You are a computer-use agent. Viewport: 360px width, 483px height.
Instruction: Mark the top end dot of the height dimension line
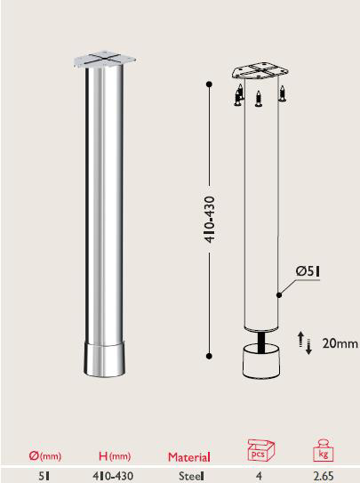(x=209, y=85)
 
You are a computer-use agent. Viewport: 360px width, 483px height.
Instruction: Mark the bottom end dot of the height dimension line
(x=209, y=356)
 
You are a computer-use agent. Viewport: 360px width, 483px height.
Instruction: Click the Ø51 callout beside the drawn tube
(x=308, y=270)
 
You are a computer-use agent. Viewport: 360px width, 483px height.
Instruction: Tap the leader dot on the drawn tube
(x=278, y=293)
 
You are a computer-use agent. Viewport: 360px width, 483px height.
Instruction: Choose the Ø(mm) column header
(x=44, y=456)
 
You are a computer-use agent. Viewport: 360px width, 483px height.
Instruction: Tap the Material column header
(x=189, y=457)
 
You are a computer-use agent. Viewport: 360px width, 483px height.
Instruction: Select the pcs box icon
(x=259, y=451)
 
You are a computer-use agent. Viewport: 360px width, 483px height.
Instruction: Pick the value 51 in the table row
(x=43, y=476)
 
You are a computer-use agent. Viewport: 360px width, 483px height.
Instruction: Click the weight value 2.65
(x=324, y=476)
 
